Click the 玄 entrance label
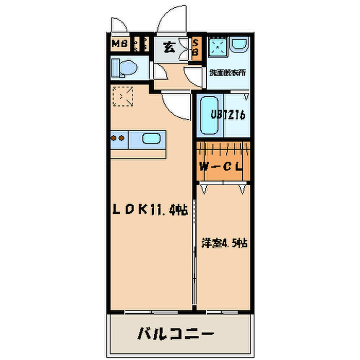pyautogui.click(x=169, y=48)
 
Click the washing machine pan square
pyautogui.click(x=219, y=48)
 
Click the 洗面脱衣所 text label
pyautogui.click(x=227, y=72)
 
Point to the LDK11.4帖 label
pyautogui.click(x=150, y=209)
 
